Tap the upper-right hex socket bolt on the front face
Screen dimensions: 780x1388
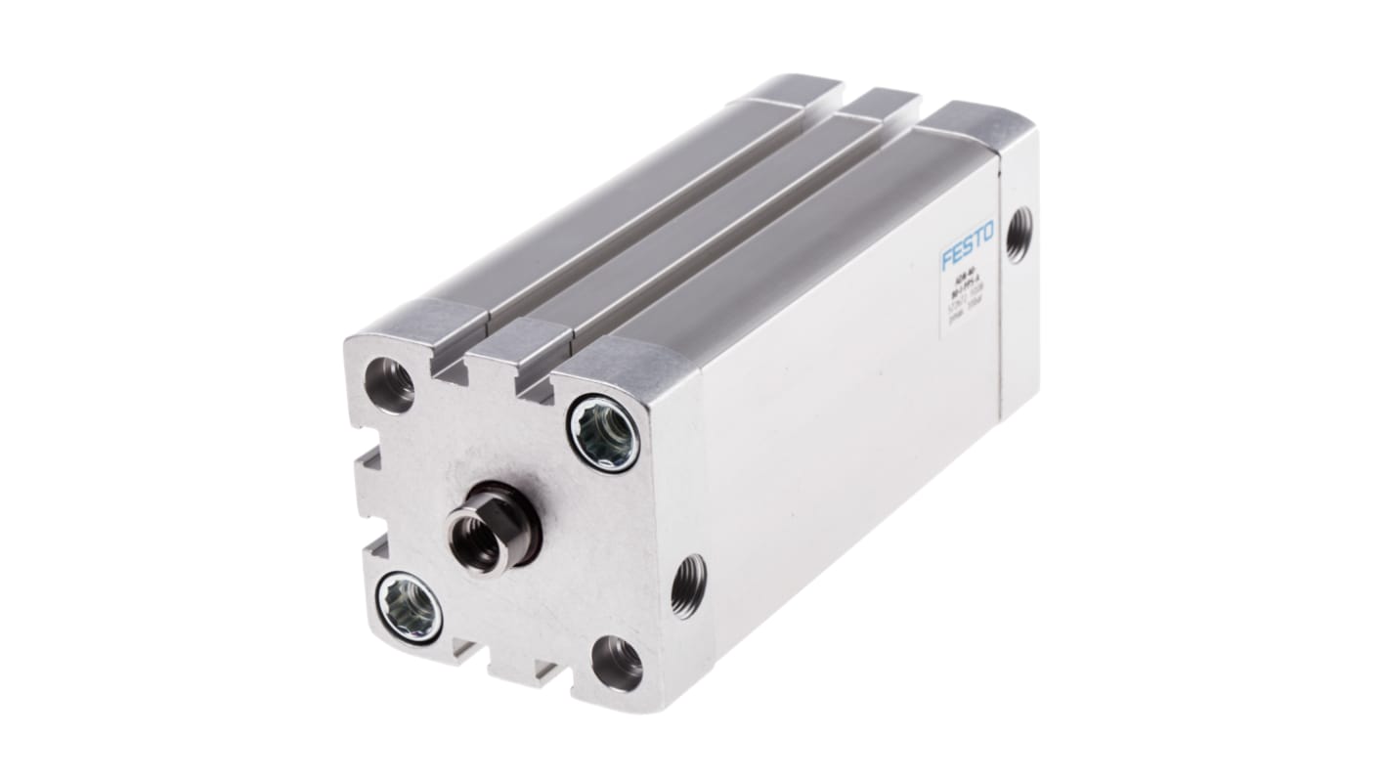click(604, 433)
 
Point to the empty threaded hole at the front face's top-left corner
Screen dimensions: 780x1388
click(389, 384)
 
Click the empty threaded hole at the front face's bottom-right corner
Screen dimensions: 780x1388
click(618, 663)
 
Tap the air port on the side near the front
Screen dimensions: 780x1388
click(688, 585)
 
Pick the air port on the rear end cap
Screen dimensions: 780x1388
click(1018, 234)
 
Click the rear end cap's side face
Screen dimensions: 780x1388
click(1019, 274)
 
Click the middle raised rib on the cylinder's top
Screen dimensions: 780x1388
click(684, 215)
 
